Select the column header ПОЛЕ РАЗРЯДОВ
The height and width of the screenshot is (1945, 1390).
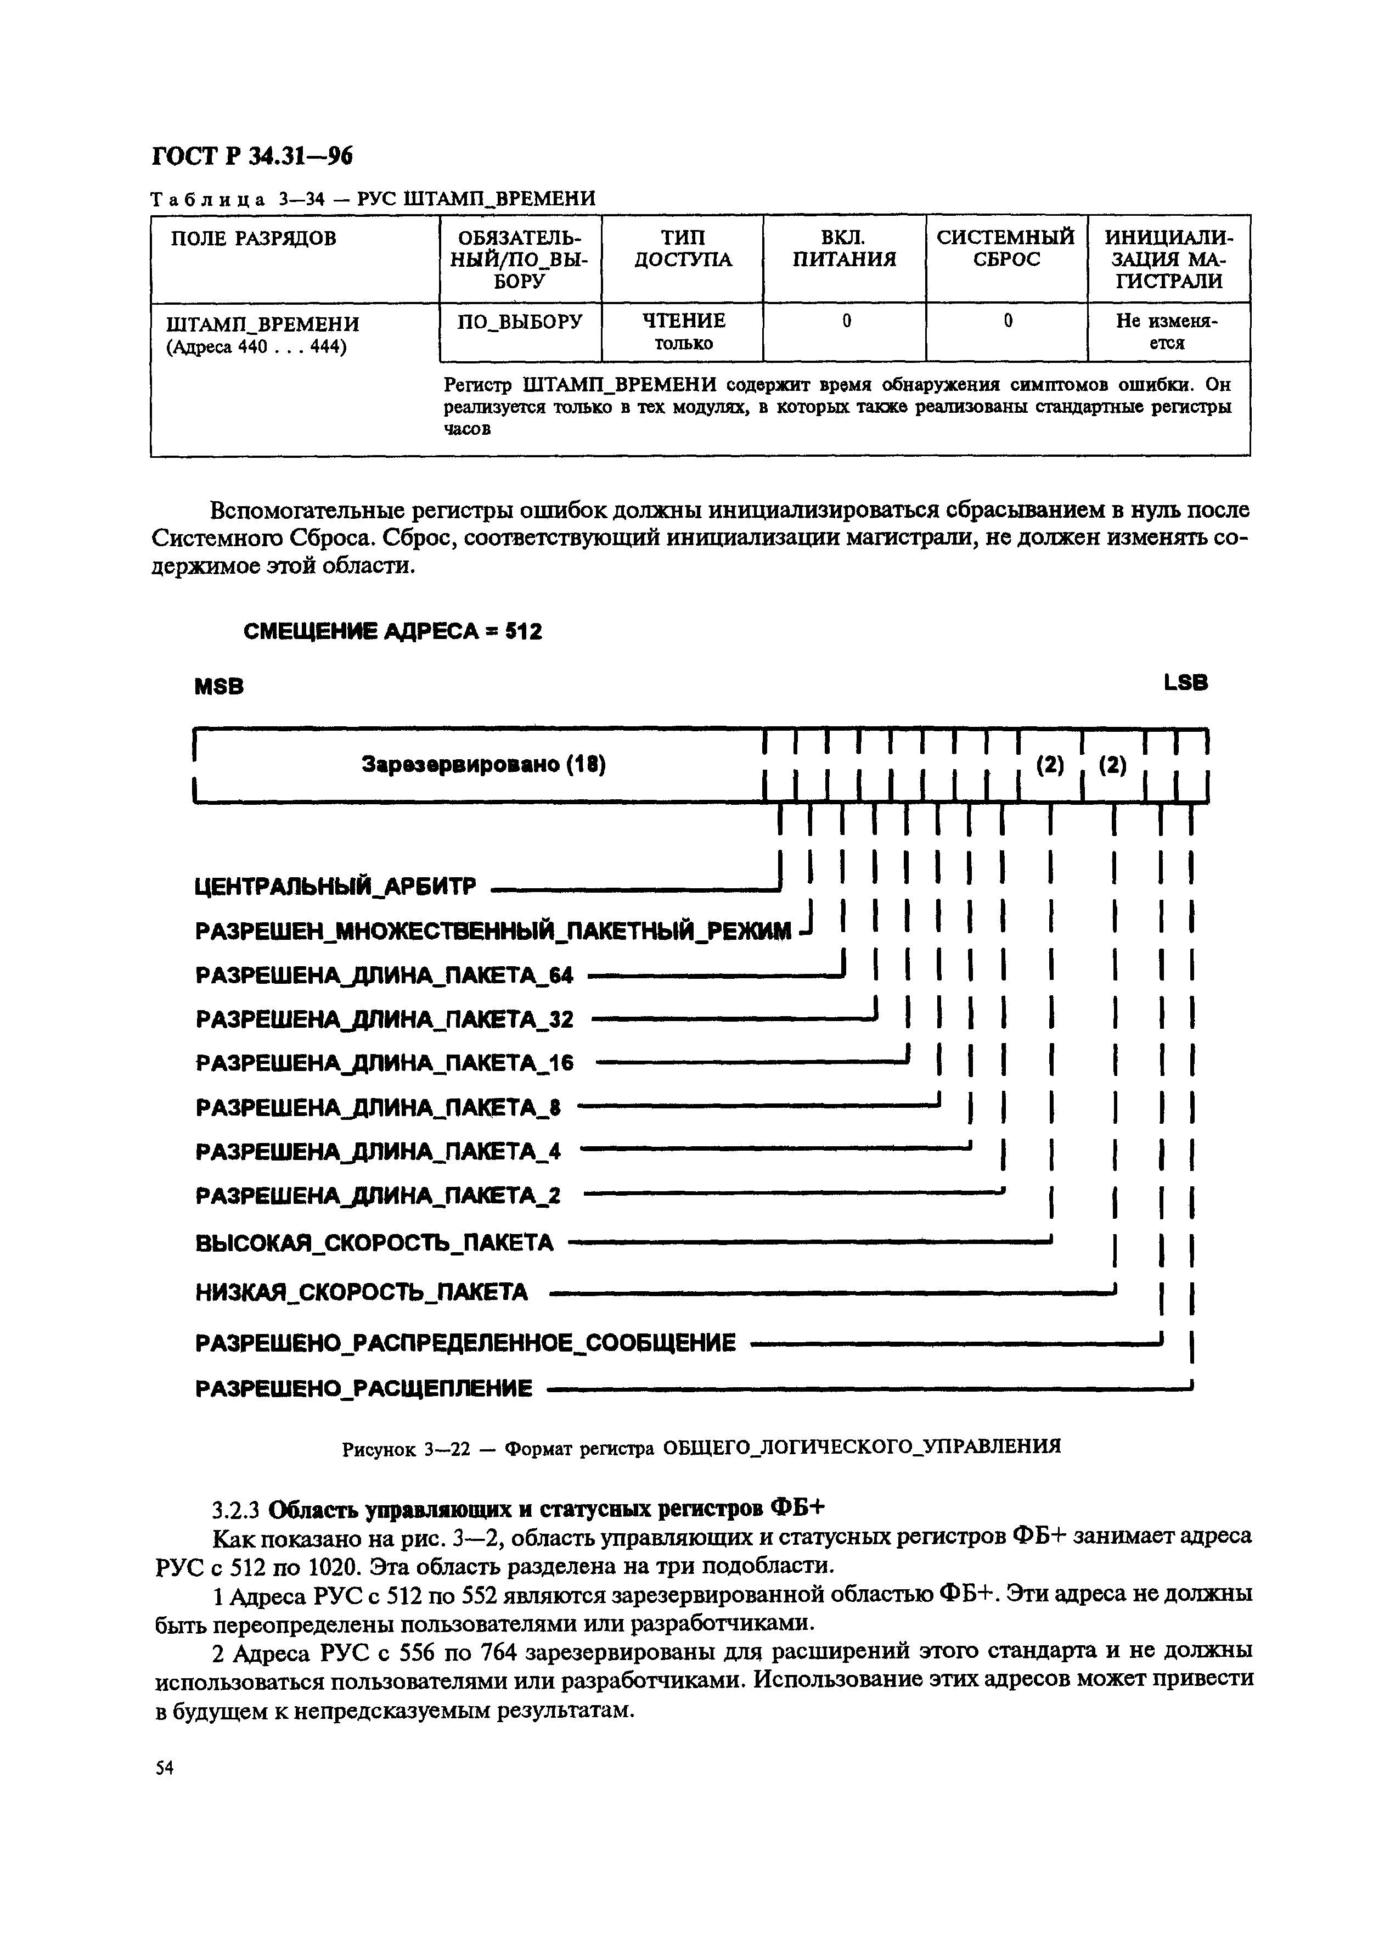(x=254, y=239)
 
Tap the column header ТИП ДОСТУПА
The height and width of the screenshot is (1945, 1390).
(x=682, y=248)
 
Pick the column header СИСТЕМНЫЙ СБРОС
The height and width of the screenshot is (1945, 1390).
(x=1006, y=248)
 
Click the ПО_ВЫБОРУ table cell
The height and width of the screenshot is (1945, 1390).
(x=520, y=321)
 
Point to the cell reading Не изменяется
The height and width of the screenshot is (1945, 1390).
(x=1167, y=331)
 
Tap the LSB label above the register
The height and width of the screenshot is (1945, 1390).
(x=1185, y=682)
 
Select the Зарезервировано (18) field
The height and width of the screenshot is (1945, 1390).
(x=483, y=765)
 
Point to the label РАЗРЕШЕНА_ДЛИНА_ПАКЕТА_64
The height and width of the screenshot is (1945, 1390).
(x=384, y=975)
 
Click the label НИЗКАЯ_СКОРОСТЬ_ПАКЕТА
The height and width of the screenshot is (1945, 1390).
(x=362, y=1292)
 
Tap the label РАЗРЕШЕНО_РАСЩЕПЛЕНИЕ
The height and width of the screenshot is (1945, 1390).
(x=364, y=1388)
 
